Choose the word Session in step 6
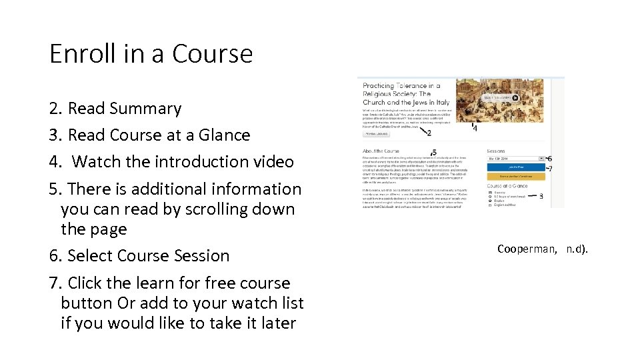point(199,255)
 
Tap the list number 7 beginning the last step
point(55,283)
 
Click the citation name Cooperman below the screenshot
point(526,249)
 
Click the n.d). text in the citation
point(577,249)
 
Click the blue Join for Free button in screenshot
point(516,167)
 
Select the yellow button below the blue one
point(516,176)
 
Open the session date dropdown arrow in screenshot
point(541,159)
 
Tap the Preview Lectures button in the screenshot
point(377,133)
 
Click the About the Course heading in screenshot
point(381,151)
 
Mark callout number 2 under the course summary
point(429,133)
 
